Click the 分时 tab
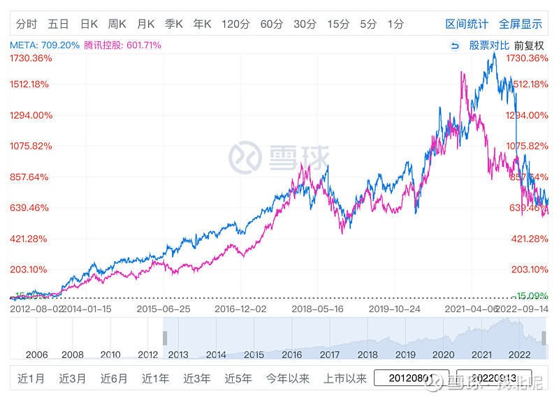point(26,24)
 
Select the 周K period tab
point(117,24)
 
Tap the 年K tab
point(202,24)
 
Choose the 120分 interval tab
point(235,24)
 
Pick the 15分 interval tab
point(337,24)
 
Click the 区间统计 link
point(467,24)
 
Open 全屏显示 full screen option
point(521,24)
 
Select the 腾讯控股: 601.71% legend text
point(123,45)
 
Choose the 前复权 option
point(529,45)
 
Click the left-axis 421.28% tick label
point(29,239)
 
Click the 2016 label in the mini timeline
point(291,355)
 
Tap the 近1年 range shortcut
point(155,379)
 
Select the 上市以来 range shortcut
point(345,379)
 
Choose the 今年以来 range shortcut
point(287,379)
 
